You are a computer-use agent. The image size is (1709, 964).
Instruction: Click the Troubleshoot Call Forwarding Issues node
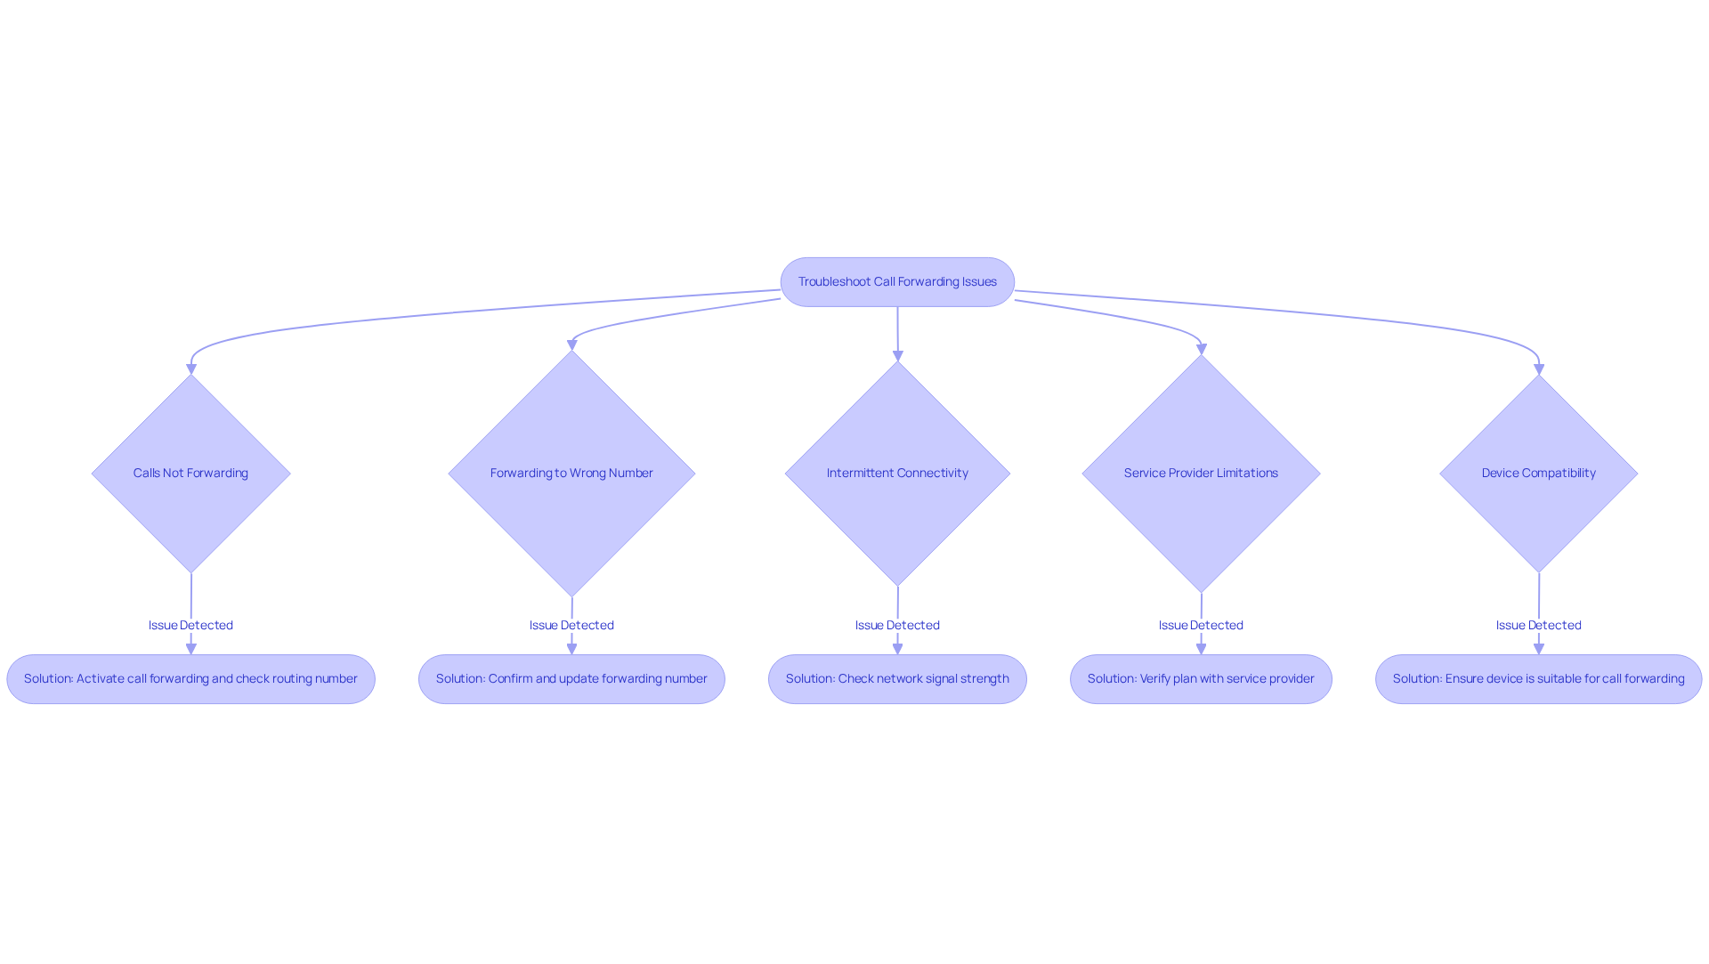(897, 282)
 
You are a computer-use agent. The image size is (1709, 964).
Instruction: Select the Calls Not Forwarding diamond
(190, 474)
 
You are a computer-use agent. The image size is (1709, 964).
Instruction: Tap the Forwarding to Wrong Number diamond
(571, 474)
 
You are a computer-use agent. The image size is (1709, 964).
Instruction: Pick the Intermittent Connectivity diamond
(897, 474)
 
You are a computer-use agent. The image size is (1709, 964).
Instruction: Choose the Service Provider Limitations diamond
(1201, 474)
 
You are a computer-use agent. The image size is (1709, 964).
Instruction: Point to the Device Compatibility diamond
(1538, 474)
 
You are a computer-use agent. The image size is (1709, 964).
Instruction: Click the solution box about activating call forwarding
(190, 679)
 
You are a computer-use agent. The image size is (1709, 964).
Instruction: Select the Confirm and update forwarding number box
(571, 679)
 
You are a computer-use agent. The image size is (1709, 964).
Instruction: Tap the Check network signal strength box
(897, 679)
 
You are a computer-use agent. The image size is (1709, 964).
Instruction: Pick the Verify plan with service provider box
(1201, 679)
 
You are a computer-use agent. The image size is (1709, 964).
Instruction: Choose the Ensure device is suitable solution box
(1538, 679)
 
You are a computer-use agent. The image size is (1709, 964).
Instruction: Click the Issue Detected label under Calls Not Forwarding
(190, 625)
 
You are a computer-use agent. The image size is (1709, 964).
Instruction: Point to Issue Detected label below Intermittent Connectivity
(897, 625)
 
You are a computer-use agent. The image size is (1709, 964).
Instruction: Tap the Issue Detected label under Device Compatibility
(1538, 625)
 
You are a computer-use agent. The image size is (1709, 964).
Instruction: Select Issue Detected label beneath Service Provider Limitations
(1201, 625)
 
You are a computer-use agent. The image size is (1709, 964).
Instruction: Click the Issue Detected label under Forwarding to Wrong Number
(571, 625)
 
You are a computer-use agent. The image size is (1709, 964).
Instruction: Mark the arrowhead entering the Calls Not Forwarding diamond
(191, 369)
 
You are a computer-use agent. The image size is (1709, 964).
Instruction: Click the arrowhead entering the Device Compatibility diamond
(1539, 369)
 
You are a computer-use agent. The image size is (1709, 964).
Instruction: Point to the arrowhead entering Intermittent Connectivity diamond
(898, 355)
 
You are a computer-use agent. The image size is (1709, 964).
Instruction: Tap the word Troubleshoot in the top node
(834, 282)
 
